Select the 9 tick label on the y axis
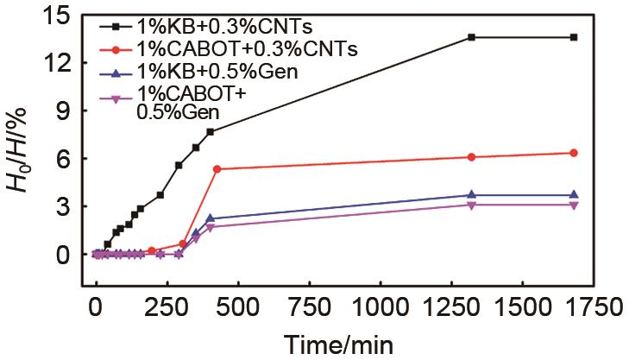click(66, 111)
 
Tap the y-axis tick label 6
click(66, 159)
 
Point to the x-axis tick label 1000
click(379, 308)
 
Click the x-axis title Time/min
click(340, 344)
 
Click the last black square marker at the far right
click(574, 37)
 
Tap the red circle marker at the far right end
click(574, 153)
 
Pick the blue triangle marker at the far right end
click(574, 195)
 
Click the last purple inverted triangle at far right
click(574, 205)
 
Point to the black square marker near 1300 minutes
click(471, 37)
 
